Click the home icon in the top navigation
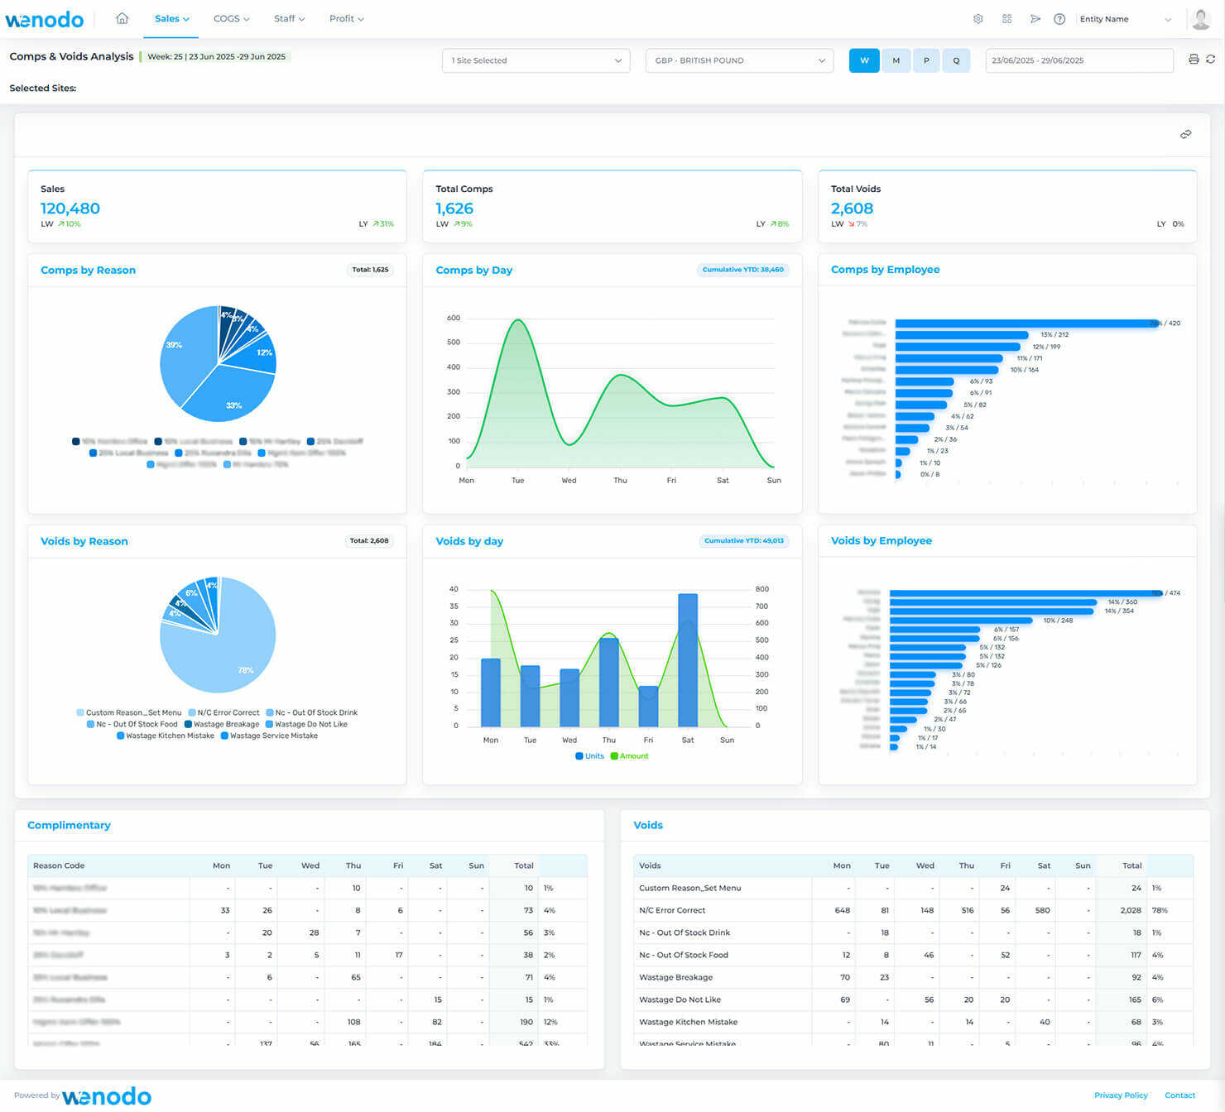pyautogui.click(x=122, y=18)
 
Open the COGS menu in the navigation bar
pyautogui.click(x=231, y=18)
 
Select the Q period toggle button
pyautogui.click(x=956, y=60)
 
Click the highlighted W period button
pyautogui.click(x=864, y=60)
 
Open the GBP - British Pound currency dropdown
pyautogui.click(x=739, y=60)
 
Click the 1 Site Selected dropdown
pyautogui.click(x=536, y=60)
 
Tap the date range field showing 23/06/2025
pyautogui.click(x=1078, y=60)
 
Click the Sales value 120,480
pyautogui.click(x=70, y=208)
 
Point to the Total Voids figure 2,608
pyautogui.click(x=852, y=208)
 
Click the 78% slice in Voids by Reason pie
pyautogui.click(x=232, y=654)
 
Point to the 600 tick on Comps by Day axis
pyautogui.click(x=454, y=318)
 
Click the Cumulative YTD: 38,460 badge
pyautogui.click(x=742, y=270)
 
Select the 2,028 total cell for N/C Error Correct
pyautogui.click(x=1130, y=910)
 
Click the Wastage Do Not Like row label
pyautogui.click(x=680, y=999)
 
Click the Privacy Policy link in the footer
pyautogui.click(x=1120, y=1095)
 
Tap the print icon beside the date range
pyautogui.click(x=1193, y=60)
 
